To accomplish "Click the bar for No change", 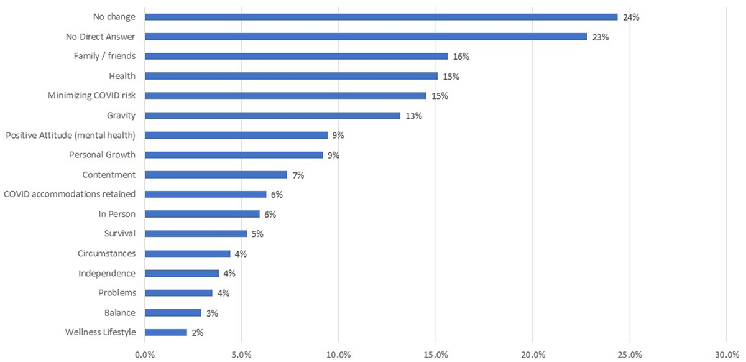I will (x=380, y=17).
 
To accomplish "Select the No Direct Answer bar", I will (x=366, y=37).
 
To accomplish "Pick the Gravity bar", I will (x=272, y=115).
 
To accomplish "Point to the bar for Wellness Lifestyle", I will (x=166, y=332).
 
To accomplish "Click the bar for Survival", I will (x=196, y=234).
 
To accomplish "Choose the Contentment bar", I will (x=216, y=175).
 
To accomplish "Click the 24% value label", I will (x=631, y=17).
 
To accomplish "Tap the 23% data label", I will (x=601, y=37).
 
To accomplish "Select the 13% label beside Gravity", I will (x=414, y=115).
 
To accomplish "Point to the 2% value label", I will (x=197, y=332).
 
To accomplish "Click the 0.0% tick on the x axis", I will (x=145, y=354).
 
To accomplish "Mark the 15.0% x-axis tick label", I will (x=436, y=354).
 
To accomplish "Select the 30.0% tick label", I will (x=727, y=354).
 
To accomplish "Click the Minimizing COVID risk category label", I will (x=91, y=96).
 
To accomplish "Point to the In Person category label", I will (x=117, y=214).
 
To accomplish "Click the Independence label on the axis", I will (x=107, y=273).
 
